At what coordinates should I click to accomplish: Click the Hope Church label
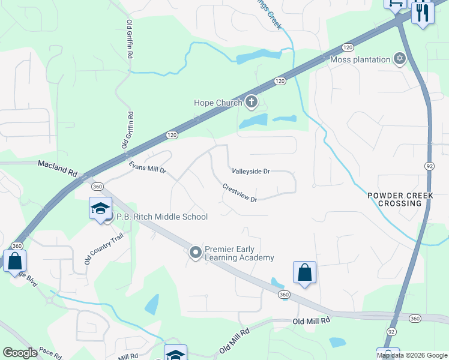click(x=217, y=103)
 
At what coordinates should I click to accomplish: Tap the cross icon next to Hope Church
click(x=252, y=103)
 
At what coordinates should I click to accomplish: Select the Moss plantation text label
click(x=360, y=59)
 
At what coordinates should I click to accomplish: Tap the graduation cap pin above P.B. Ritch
click(x=100, y=209)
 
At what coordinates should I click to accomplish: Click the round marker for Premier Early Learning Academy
click(x=195, y=253)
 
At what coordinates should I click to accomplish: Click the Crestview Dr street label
click(x=240, y=193)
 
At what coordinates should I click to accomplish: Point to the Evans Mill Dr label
click(x=147, y=167)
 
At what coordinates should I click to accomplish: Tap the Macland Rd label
click(x=58, y=167)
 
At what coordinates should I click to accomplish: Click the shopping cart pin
click(x=396, y=4)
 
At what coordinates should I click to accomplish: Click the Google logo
click(x=20, y=353)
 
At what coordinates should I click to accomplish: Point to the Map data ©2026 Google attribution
click(x=412, y=355)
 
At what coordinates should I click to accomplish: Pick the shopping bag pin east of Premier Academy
click(x=305, y=272)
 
